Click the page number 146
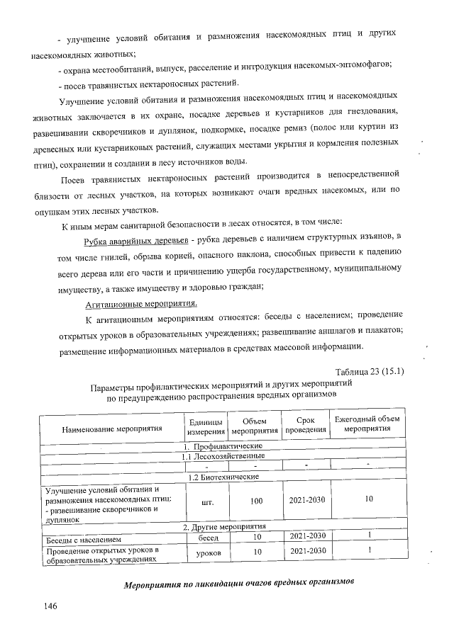point(50,606)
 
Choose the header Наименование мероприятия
point(112,429)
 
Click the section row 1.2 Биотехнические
point(224,477)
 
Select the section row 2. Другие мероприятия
point(224,527)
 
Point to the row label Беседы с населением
point(84,540)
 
